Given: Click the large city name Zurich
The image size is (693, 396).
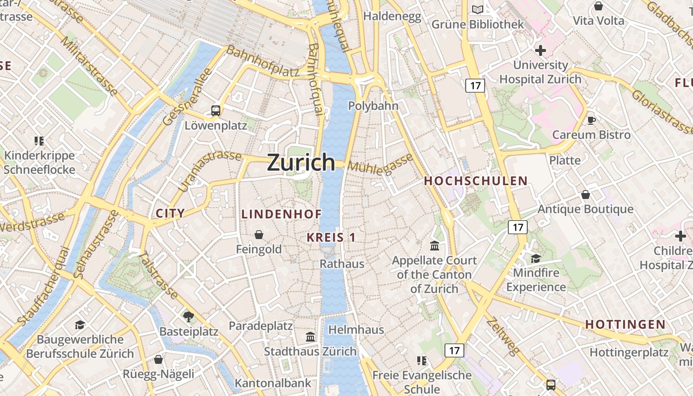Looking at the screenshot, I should (x=301, y=162).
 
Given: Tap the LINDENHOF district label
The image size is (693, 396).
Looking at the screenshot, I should (x=282, y=214).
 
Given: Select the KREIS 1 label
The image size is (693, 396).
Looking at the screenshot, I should (x=331, y=237).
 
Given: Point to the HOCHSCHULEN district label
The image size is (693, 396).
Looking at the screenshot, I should (x=476, y=181).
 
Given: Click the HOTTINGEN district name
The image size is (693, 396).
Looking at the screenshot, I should (x=625, y=324).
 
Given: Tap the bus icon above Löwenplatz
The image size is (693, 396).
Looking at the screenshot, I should (x=216, y=111).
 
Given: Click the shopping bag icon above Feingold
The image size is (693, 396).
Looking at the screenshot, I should (x=258, y=235).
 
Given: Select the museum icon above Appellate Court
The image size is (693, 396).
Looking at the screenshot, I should (x=435, y=246).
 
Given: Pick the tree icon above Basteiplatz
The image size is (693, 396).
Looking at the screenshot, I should (x=188, y=317).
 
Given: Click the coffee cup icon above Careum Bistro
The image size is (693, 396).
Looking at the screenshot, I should (x=591, y=120).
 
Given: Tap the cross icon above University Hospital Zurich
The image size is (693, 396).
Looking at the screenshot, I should (x=540, y=50).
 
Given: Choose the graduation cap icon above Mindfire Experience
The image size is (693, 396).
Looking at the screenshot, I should (x=536, y=258).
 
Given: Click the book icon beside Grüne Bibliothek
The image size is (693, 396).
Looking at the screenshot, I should (x=477, y=10).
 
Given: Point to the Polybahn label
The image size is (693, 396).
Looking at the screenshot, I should (x=373, y=106).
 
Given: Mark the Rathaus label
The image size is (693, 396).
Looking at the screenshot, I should (x=342, y=264).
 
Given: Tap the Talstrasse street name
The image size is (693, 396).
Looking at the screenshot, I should (x=158, y=275).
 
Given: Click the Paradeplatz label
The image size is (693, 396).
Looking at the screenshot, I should (x=260, y=326).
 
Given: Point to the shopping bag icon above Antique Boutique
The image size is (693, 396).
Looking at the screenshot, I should (x=586, y=195).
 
